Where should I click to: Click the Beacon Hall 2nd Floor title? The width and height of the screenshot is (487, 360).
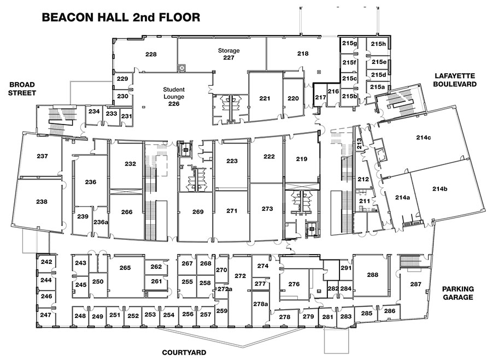(x=121, y=17)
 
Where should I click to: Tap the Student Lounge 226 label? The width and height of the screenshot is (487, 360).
(x=174, y=97)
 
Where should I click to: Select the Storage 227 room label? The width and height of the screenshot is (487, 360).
(x=228, y=54)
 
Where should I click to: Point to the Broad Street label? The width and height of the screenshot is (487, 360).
(x=22, y=88)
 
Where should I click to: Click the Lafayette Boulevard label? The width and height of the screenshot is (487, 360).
(x=455, y=80)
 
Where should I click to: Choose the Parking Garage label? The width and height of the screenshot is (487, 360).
(x=458, y=293)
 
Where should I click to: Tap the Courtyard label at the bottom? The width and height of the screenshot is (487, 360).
(x=184, y=352)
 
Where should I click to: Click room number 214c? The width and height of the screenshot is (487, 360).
(x=424, y=137)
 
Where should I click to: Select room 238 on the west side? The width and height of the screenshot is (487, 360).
(x=42, y=202)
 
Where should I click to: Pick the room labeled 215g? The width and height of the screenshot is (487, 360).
(x=349, y=44)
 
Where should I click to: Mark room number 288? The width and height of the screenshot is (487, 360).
(x=372, y=275)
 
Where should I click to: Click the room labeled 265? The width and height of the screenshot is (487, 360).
(x=125, y=268)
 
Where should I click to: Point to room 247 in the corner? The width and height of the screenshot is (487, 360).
(x=46, y=315)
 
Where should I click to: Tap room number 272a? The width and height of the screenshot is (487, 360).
(x=225, y=289)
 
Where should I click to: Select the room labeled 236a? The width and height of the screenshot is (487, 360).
(x=101, y=222)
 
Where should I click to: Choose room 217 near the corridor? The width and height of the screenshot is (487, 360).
(x=320, y=97)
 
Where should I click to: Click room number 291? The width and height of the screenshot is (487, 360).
(x=346, y=268)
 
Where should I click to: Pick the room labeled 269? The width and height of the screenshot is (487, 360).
(x=198, y=211)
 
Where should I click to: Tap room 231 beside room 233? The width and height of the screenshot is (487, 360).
(x=126, y=116)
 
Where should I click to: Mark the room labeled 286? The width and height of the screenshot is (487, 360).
(x=390, y=311)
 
